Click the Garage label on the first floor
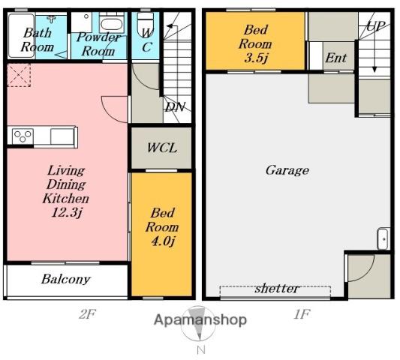coord(287,170)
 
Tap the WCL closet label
coord(162,148)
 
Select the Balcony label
coord(66,280)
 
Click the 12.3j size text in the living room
coord(67,212)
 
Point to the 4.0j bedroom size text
coord(163,241)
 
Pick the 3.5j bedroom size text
coord(256,58)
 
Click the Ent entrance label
coord(336,58)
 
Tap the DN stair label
coord(175,107)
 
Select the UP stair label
coord(375,25)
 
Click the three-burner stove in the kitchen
coord(23,136)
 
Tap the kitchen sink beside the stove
coord(62,136)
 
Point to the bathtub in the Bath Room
coord(21,35)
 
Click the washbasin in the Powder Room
coord(112,24)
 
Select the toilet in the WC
coord(146,23)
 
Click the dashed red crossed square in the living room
coord(19,75)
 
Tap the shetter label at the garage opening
coord(277,289)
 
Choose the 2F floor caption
coord(87,314)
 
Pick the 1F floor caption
coord(302,314)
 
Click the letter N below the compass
coord(201,350)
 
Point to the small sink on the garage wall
coord(383,239)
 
